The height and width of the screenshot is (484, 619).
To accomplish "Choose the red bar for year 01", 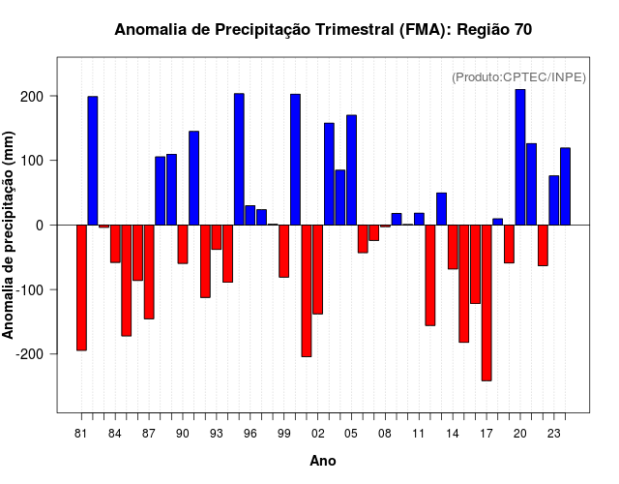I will [x=307, y=290].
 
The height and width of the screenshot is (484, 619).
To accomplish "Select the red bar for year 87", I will [x=149, y=271].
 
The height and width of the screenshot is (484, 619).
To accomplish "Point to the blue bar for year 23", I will [x=554, y=199].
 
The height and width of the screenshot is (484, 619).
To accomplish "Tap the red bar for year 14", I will [x=453, y=247].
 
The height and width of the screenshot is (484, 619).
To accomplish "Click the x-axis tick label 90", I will [x=183, y=435].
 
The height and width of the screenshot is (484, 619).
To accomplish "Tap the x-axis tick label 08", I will [x=385, y=435].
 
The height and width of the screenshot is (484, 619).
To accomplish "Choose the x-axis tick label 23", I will [x=554, y=435].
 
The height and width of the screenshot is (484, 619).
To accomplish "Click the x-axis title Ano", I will [x=323, y=461].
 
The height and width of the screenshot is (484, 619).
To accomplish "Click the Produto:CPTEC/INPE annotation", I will [x=518, y=77].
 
